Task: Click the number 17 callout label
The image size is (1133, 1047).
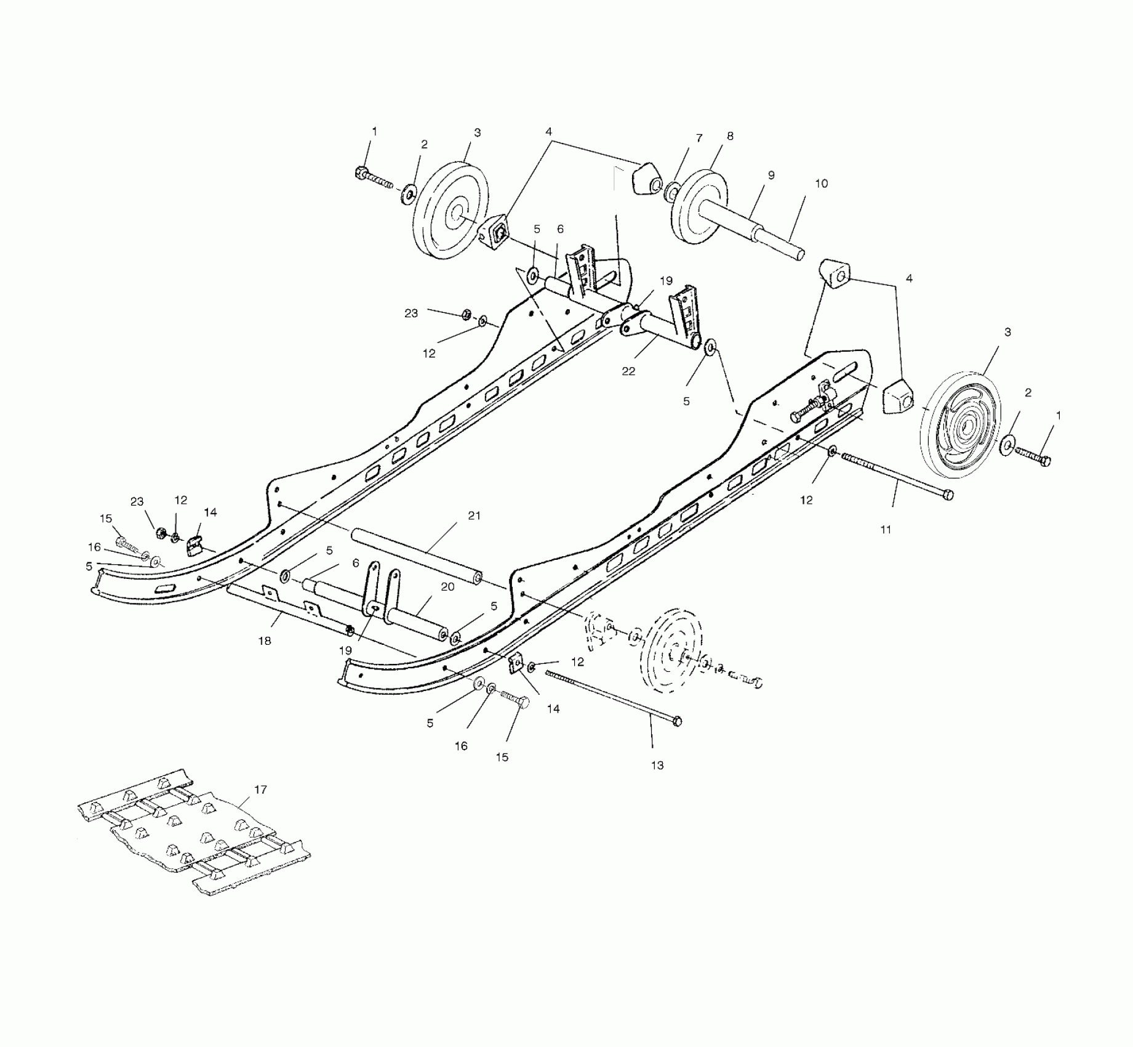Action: (260, 790)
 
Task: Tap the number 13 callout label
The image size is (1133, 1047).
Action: (657, 765)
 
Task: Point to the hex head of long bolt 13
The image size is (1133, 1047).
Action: (678, 720)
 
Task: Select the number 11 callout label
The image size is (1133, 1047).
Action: (886, 529)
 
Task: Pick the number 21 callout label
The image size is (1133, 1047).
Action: (474, 516)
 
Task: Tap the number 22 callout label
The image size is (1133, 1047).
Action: (628, 371)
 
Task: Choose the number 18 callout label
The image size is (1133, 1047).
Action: (265, 641)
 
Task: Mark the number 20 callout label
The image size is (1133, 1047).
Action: (447, 587)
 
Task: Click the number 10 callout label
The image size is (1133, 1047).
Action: (821, 184)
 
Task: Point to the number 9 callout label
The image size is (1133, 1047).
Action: (771, 176)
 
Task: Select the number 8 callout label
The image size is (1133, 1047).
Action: (730, 136)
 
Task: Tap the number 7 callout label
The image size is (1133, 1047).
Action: (699, 139)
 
